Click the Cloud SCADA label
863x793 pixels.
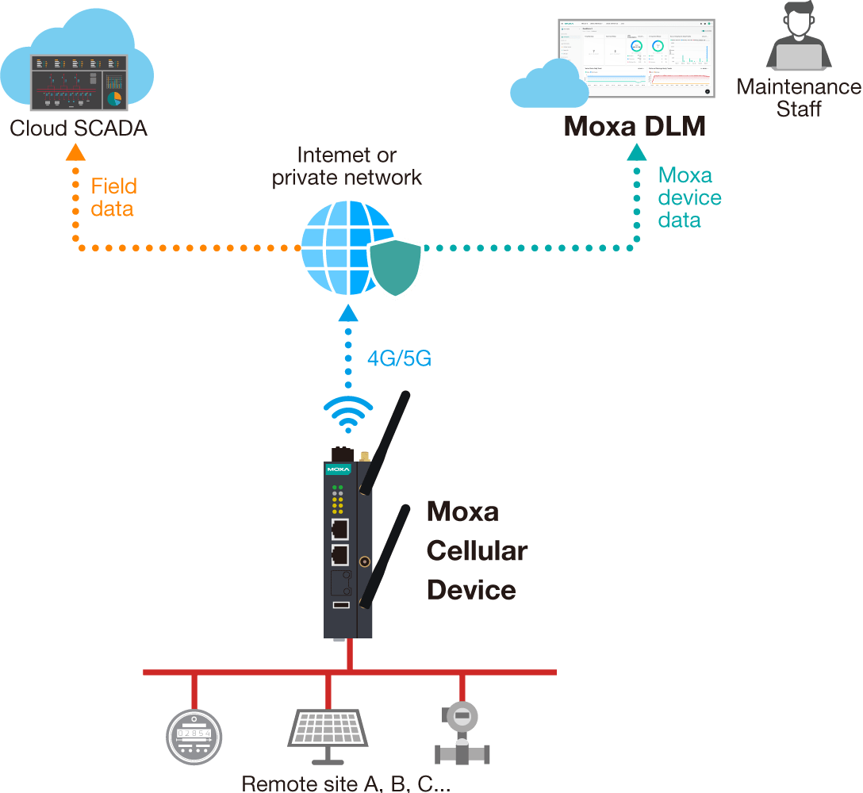pos(79,128)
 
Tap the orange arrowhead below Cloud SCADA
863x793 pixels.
pos(75,152)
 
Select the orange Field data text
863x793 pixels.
pos(113,197)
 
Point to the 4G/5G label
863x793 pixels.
pos(399,358)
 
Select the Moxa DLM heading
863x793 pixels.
pos(635,126)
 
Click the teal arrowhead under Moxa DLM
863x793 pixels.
pos(636,151)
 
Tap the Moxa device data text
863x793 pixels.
pos(689,197)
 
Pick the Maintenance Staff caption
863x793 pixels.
pos(798,98)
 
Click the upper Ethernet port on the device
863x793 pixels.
pos(339,528)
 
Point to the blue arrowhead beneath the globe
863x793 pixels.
pos(348,313)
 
